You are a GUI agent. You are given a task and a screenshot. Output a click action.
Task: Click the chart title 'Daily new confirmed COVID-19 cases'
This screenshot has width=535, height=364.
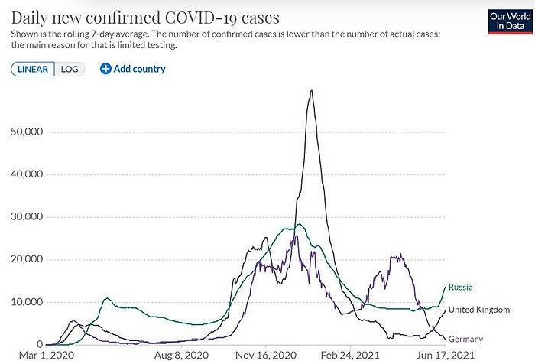coord(145,16)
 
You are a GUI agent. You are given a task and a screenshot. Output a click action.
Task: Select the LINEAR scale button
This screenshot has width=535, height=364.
coord(32,69)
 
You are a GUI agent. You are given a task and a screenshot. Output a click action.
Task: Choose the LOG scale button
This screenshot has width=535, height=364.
coord(70,69)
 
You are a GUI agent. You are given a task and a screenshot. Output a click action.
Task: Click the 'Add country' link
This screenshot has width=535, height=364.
coord(139,69)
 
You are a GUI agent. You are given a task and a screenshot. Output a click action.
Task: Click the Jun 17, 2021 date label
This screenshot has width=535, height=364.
coord(446,356)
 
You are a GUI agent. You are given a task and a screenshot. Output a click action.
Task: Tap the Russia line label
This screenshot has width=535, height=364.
coord(461,288)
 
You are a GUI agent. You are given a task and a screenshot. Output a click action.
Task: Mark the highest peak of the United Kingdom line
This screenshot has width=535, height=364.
coord(311,91)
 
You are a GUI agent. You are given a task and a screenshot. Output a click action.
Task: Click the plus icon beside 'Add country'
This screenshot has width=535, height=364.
coord(105,69)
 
